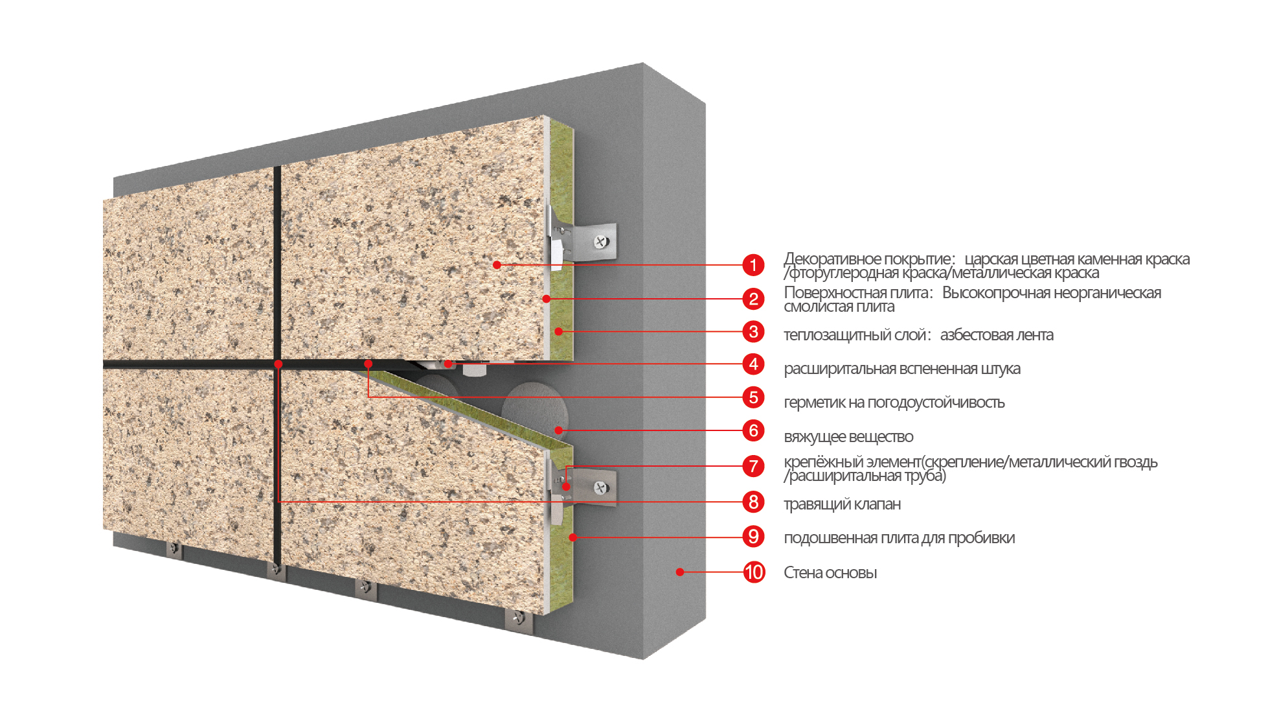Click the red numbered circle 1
tap(753, 264)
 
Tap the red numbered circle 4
tap(753, 364)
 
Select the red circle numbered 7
tap(753, 465)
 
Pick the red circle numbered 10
tap(754, 572)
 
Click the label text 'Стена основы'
tap(830, 573)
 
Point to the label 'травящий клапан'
tap(842, 504)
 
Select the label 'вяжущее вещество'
tap(848, 437)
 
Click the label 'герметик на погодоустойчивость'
tap(894, 403)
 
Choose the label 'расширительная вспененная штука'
tap(902, 369)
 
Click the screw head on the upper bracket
tap(602, 242)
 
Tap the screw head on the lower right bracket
tap(602, 487)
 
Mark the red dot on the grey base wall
tap(680, 572)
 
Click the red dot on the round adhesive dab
tap(558, 430)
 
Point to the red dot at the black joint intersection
tap(278, 364)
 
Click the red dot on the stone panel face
tap(497, 264)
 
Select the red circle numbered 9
tap(753, 537)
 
